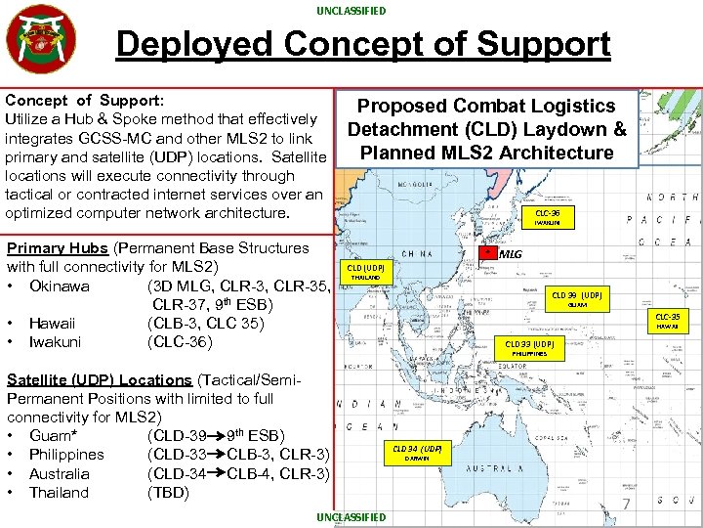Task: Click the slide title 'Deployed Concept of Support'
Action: point(363,44)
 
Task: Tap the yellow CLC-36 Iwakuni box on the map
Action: point(548,216)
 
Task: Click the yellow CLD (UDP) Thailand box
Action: point(366,271)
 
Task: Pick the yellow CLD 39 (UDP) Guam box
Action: point(577,298)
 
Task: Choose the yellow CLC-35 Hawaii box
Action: point(668,320)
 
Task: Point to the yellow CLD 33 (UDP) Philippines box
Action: point(529,348)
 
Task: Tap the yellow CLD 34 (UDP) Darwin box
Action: point(418,453)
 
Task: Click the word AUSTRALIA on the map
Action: point(508,468)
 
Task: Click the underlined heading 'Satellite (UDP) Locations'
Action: point(99,379)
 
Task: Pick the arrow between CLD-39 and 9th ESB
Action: point(215,435)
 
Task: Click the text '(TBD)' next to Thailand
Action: point(167,493)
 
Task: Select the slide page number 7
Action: point(629,505)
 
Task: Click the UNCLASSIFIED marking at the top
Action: point(351,11)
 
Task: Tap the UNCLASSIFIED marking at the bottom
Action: point(351,517)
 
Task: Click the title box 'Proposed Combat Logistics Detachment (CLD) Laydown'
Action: point(486,129)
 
